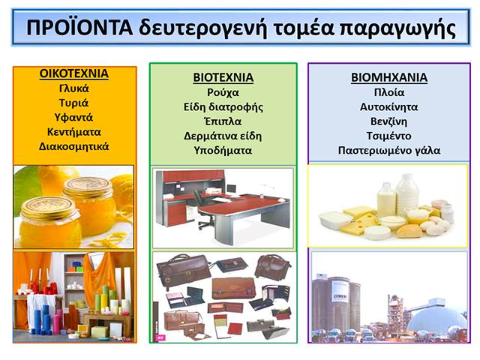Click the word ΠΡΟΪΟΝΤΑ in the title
tap(79, 28)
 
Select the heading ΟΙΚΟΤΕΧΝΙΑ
tap(73, 73)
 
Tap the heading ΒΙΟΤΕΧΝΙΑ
tap(223, 77)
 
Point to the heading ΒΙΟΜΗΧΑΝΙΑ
tap(389, 77)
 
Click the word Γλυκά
tap(73, 88)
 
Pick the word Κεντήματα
tap(73, 132)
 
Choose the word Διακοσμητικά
tap(73, 147)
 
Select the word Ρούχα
tap(223, 93)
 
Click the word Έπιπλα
tap(223, 121)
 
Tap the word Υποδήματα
tap(223, 151)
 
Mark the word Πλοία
tap(389, 92)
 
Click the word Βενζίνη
tap(389, 121)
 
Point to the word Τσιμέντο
tap(389, 136)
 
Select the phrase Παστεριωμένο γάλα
tap(389, 151)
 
